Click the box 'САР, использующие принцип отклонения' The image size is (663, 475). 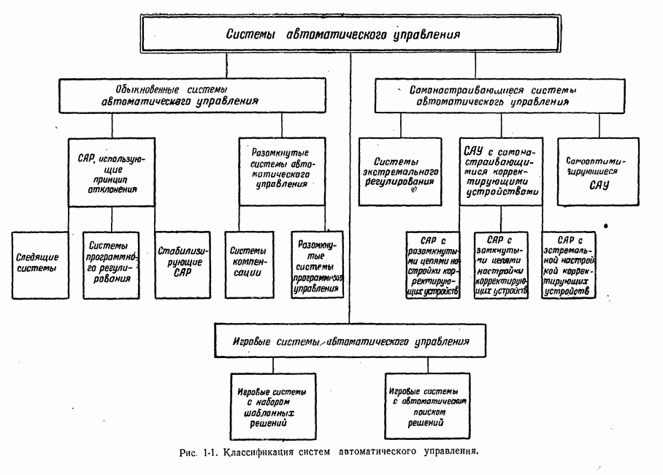point(112,171)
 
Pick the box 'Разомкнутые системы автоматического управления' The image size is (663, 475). point(282,170)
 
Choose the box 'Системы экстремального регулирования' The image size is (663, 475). point(400,171)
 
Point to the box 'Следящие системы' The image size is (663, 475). point(39,265)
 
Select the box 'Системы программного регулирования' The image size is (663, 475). point(112,265)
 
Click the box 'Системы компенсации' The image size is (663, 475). point(247,265)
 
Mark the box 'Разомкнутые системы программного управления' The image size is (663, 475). point(316,265)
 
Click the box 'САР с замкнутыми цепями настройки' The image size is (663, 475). point(500,265)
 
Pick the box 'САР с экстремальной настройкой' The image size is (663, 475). point(568,265)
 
